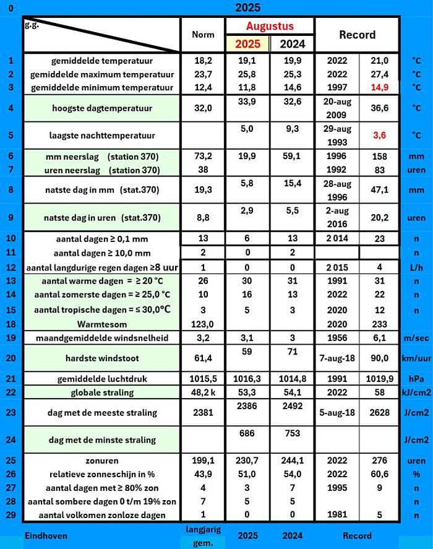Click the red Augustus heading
click(270, 26)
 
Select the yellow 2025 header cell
click(247, 45)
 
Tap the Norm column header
click(203, 35)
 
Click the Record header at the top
click(357, 35)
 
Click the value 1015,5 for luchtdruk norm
click(203, 379)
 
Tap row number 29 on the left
click(10, 515)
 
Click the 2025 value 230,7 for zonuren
click(247, 460)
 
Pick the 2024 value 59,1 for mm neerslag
click(292, 157)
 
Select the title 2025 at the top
click(247, 8)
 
